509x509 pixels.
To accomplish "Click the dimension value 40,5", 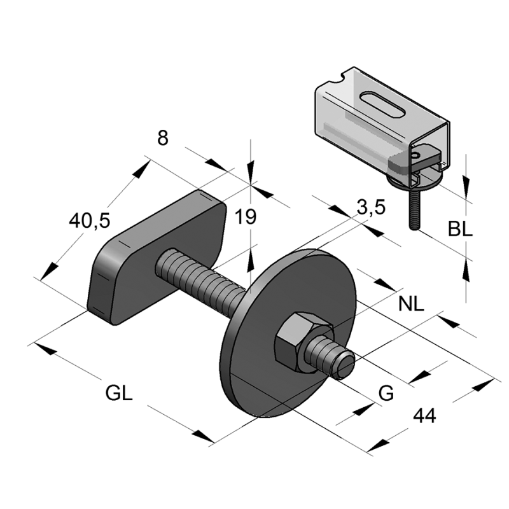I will click(x=89, y=221).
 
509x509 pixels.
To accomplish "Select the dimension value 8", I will click(x=163, y=137).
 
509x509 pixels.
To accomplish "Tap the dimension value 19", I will click(x=245, y=217).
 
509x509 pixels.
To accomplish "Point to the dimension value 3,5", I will click(x=370, y=207).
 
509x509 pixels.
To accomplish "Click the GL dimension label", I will click(x=119, y=393).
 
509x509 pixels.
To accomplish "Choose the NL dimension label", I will click(x=411, y=303).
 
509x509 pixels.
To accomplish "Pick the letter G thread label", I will click(x=386, y=394).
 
